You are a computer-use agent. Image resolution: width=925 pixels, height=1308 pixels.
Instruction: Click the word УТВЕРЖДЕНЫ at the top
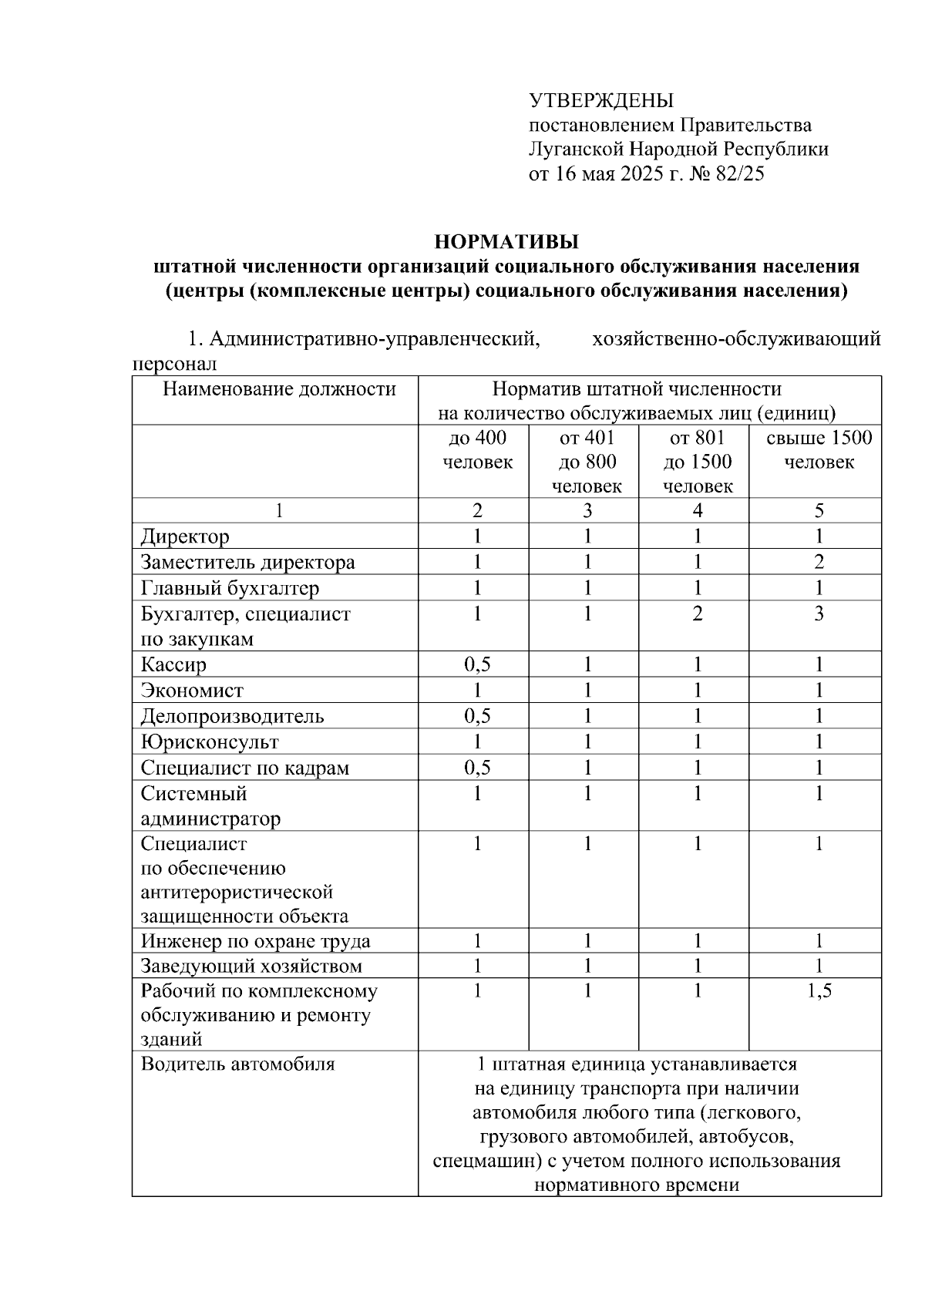(x=600, y=101)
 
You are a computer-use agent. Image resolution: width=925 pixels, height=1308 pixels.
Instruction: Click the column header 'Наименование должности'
(x=279, y=389)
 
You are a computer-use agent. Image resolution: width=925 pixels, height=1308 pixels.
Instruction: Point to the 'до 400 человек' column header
(x=477, y=450)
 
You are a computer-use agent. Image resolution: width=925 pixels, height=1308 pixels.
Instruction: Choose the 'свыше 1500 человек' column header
(x=819, y=450)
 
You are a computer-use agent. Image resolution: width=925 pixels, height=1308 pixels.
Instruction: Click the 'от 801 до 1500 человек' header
(x=697, y=462)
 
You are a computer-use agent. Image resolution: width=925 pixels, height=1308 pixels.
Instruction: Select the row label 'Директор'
(x=185, y=536)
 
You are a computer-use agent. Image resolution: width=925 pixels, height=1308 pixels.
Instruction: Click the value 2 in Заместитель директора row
(x=819, y=562)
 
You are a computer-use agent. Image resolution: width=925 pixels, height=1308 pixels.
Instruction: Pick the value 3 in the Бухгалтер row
(x=819, y=614)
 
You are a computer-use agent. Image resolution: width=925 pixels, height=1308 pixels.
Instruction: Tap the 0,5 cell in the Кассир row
(x=477, y=664)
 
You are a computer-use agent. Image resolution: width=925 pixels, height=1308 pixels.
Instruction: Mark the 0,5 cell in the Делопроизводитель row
(x=477, y=716)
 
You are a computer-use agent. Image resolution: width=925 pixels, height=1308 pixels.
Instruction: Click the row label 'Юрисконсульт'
(x=210, y=742)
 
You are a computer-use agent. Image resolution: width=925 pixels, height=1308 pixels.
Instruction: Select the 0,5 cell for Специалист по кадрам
(x=477, y=768)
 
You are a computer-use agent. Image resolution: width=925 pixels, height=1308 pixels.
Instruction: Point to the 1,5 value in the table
(x=819, y=991)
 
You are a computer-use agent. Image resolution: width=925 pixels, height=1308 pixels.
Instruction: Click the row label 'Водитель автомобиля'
(x=237, y=1064)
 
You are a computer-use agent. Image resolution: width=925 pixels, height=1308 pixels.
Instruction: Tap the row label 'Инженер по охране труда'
(x=255, y=941)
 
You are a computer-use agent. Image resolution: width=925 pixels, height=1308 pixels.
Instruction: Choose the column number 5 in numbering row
(x=819, y=510)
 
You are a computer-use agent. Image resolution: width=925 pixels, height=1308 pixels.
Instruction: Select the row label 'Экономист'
(x=192, y=691)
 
